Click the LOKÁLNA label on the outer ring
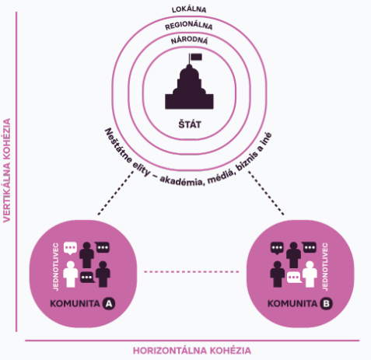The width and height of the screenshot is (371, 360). click(189, 9)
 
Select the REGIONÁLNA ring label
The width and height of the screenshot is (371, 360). click(189, 26)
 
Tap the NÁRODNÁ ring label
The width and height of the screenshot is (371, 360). click(189, 40)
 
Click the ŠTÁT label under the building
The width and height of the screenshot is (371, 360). click(190, 124)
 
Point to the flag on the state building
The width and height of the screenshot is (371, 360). click(196, 57)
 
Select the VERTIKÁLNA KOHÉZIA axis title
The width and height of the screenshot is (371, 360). click(7, 170)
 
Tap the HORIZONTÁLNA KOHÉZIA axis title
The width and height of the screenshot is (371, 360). click(192, 351)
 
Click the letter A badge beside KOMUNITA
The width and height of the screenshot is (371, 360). click(109, 303)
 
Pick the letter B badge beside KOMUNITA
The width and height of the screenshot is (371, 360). click(326, 303)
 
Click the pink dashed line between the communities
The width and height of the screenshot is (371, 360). click(191, 271)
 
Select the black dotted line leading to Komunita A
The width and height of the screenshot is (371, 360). click(116, 193)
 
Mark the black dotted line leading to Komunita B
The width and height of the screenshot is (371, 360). click(266, 193)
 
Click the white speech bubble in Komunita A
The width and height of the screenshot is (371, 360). click(70, 248)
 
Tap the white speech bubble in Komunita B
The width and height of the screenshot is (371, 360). click(294, 278)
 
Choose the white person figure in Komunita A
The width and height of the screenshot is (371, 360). click(71, 274)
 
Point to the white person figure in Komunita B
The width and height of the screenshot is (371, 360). click(310, 274)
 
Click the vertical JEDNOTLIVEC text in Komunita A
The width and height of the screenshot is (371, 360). click(56, 267)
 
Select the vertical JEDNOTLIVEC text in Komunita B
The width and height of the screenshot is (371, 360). click(325, 267)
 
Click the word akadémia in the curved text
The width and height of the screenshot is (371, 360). click(181, 180)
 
